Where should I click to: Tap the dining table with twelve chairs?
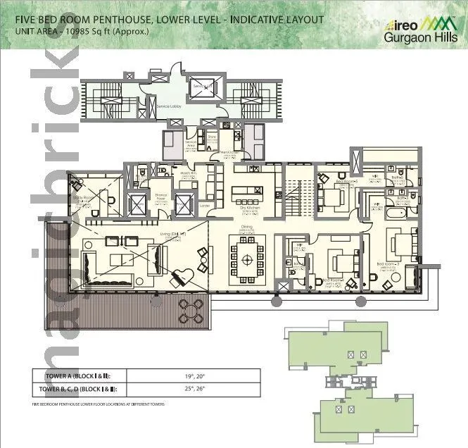(x=247, y=259)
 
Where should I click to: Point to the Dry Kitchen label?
(x=246, y=209)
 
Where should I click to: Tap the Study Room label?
(x=84, y=199)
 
